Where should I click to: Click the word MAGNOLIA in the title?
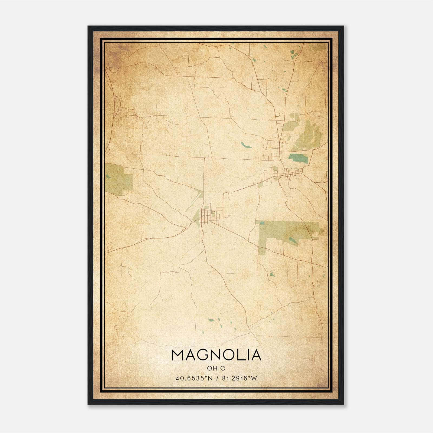216,355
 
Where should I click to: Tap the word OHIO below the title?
216,368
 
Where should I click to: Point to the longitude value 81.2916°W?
239,378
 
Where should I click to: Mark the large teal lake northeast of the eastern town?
298,158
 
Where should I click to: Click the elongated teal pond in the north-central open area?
247,145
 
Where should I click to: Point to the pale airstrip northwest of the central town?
194,201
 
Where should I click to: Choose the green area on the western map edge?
119,178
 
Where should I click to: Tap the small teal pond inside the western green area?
109,177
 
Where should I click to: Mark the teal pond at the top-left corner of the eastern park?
262,223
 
